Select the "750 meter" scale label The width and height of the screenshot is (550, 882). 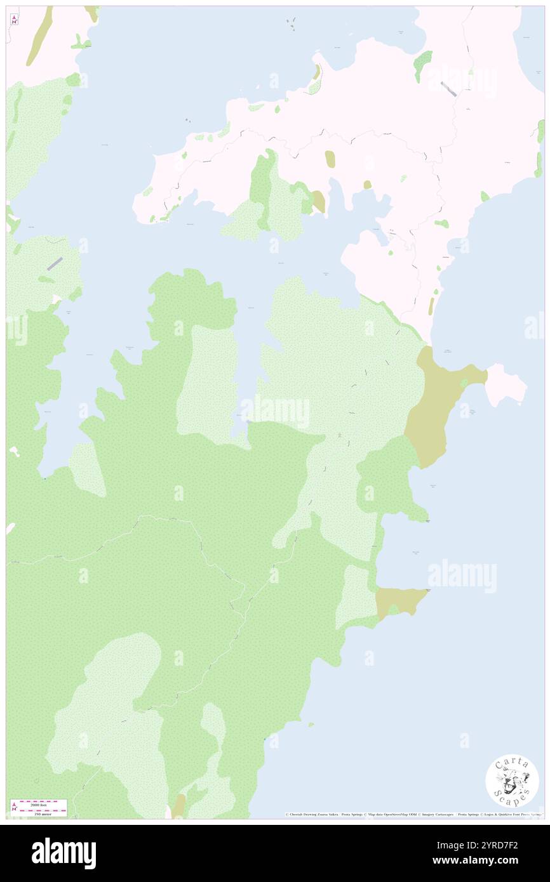(39, 813)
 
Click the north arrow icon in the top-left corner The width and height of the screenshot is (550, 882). (14, 19)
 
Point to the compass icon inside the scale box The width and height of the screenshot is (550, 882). (15, 808)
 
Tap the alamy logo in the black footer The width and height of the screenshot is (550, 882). (64, 853)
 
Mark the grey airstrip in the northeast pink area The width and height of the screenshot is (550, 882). (448, 89)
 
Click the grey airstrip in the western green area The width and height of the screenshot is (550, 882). (55, 263)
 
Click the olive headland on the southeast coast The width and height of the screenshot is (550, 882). (399, 600)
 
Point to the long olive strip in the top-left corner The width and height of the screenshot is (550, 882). (39, 37)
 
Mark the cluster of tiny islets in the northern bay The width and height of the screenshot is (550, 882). (292, 24)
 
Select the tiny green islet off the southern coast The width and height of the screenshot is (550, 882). (311, 725)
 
